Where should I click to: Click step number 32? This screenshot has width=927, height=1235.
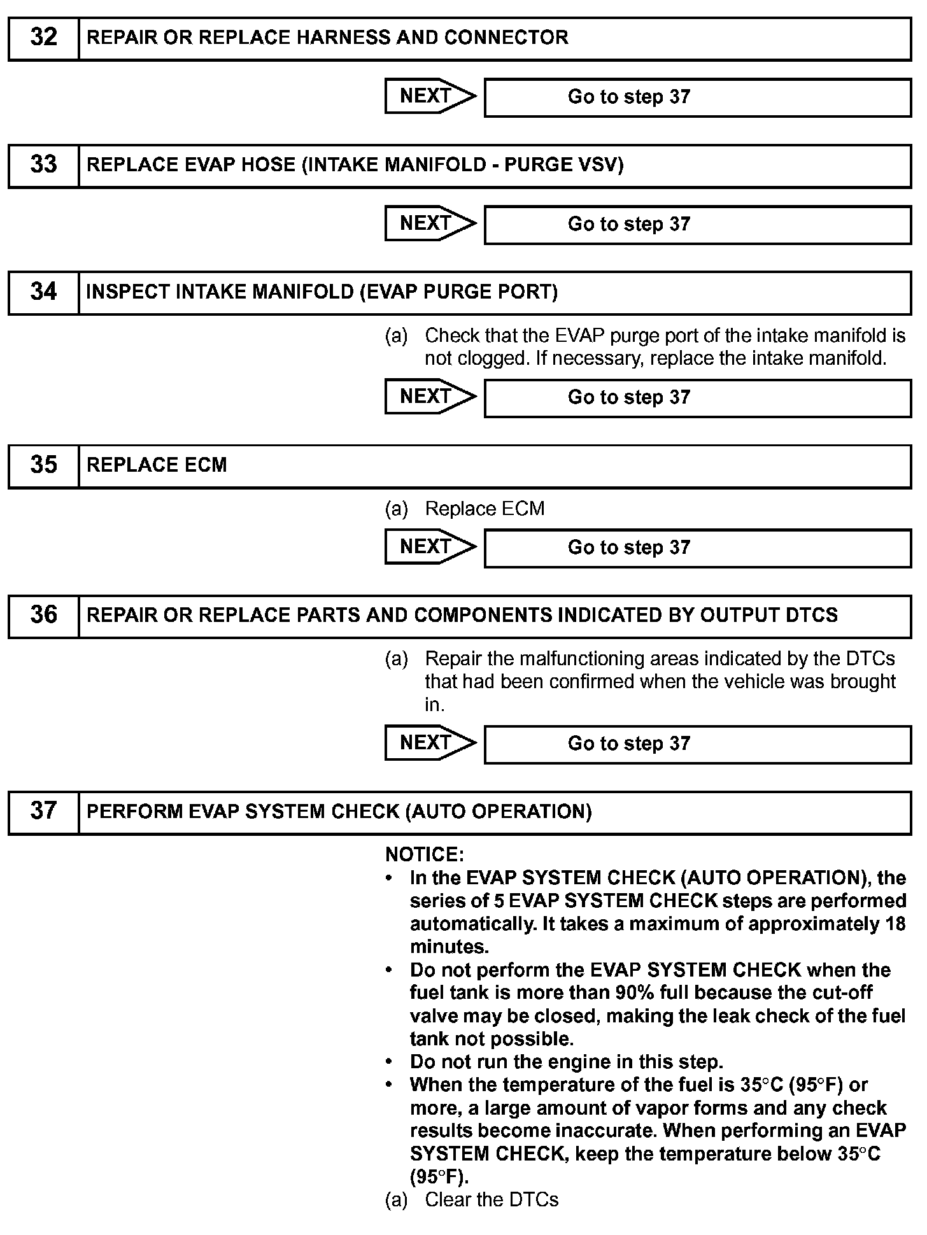tap(43, 38)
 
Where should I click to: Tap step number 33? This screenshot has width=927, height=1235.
tap(43, 165)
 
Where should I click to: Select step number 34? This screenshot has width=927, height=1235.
tap(43, 292)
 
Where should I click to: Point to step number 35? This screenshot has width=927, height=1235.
tap(43, 465)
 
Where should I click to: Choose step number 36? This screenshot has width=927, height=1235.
tap(43, 616)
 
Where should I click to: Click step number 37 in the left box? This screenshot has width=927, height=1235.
tap(43, 812)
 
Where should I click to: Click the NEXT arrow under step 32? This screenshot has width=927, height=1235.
tap(430, 96)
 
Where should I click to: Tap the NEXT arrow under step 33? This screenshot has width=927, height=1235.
tap(430, 223)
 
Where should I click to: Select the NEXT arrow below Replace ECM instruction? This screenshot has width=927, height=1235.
tap(430, 547)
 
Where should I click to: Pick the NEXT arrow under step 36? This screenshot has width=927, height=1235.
tap(430, 743)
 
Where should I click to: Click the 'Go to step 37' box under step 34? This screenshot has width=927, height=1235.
tap(697, 398)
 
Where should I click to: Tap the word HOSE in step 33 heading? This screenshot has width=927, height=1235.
tap(267, 165)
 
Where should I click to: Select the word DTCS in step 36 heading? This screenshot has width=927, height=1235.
tap(812, 616)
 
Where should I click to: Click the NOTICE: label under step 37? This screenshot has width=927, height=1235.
tap(425, 854)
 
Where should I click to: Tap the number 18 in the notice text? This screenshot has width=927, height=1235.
tap(895, 924)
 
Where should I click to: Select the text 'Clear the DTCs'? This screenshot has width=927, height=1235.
tap(492, 1200)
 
